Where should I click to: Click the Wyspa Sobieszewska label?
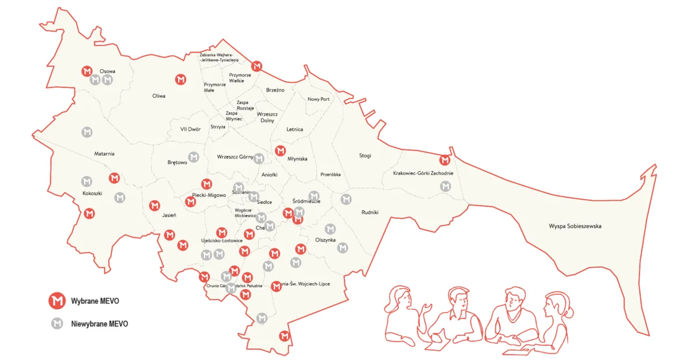(575, 226)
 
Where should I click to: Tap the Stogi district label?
(365, 156)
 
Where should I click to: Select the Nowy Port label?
(318, 99)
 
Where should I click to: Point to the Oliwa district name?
(158, 96)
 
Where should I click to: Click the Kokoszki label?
(92, 194)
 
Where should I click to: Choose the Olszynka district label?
(325, 240)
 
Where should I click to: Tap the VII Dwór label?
(190, 130)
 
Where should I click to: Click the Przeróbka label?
(330, 175)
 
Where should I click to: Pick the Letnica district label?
(295, 130)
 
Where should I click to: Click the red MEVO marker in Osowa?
(87, 71)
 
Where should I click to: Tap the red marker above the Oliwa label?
(180, 79)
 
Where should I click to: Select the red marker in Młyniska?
(280, 151)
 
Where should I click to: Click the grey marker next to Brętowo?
(194, 157)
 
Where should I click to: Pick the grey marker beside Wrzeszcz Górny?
(259, 158)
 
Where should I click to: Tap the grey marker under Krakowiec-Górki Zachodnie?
(445, 186)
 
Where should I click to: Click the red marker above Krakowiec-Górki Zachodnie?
(444, 160)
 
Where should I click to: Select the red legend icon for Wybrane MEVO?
(56, 300)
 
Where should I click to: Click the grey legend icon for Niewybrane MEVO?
(56, 324)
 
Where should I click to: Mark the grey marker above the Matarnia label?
(86, 132)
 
